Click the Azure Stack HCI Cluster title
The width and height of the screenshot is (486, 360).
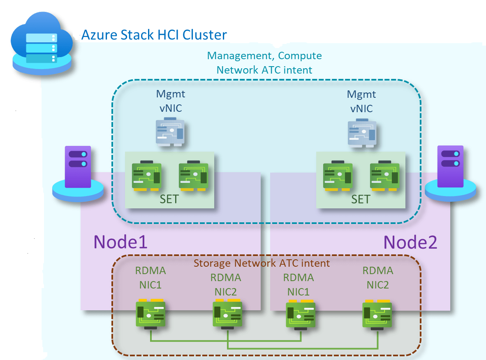154,35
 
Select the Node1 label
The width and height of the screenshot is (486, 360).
120,242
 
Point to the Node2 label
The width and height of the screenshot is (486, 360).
410,242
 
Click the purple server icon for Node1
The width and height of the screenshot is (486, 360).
78,173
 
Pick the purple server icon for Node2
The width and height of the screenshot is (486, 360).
450,173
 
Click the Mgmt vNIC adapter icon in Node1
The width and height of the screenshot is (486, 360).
170,132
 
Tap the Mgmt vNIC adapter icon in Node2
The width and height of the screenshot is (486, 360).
362,133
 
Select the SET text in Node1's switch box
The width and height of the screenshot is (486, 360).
169,199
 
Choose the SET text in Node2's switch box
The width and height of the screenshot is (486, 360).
361,199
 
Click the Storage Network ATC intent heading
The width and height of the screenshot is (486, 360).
262,263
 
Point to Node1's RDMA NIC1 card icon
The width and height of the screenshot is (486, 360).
150,314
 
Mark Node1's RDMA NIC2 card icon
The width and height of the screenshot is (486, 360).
227,314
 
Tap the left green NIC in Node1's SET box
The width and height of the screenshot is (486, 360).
147,175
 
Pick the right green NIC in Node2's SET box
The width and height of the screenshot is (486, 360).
384,175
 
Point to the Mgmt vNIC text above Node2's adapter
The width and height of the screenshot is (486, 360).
361,102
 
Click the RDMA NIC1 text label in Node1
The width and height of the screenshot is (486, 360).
150,277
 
